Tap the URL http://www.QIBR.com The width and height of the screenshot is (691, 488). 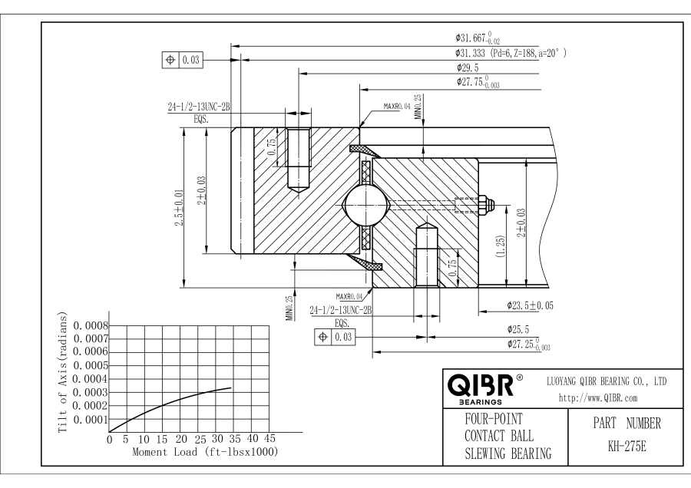589,397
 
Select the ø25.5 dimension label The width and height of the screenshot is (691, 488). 519,328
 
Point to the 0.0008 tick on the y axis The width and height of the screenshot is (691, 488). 91,325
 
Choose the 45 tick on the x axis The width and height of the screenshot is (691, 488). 269,439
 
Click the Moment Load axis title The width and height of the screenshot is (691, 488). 204,451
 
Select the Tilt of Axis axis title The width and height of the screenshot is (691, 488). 64,373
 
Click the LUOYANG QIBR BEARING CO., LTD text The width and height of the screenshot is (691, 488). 606,381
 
